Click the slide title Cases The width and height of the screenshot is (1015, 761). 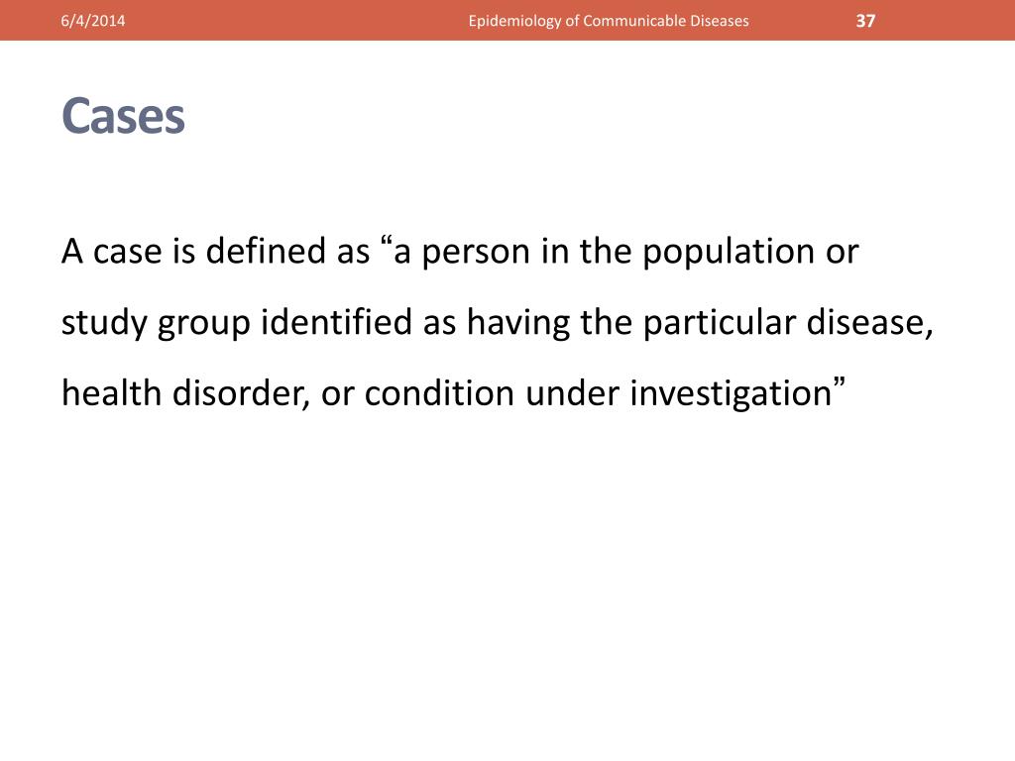point(123,117)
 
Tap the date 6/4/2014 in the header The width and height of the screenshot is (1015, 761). point(91,21)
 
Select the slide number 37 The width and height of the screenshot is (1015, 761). point(865,21)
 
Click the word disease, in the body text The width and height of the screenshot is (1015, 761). point(874,323)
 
